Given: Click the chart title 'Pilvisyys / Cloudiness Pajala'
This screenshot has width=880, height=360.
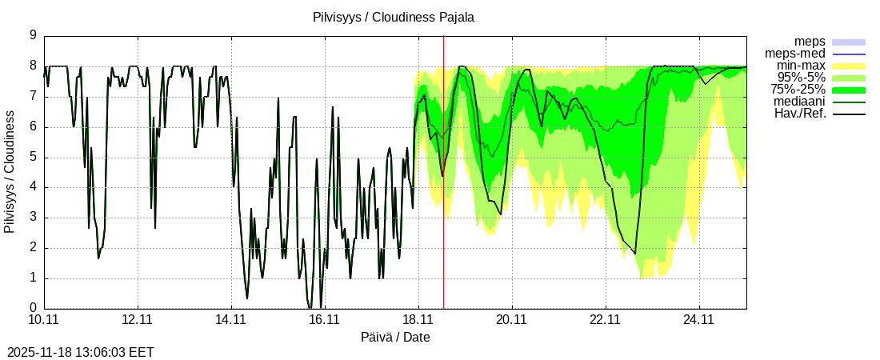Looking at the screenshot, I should [394, 17].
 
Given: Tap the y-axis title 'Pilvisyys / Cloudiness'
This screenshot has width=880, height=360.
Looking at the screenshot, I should [10, 172].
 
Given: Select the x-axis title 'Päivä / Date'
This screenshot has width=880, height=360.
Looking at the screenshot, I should [395, 337].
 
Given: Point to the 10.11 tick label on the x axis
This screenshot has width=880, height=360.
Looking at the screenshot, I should [44, 320].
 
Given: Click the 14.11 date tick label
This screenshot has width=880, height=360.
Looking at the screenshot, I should [231, 320].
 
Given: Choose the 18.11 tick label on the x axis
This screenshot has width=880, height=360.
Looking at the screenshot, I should [418, 320].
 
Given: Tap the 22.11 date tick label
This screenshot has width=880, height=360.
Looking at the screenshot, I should [606, 320].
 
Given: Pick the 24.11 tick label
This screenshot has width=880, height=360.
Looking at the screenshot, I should [699, 320].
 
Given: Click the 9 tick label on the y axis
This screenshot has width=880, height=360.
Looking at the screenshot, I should [33, 35].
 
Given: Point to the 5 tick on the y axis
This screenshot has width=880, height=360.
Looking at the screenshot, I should [33, 157].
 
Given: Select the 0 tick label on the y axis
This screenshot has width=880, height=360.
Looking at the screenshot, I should [33, 308].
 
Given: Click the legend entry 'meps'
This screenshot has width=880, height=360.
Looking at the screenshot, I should [810, 41].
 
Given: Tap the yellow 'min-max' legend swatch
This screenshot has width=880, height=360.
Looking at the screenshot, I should [849, 66].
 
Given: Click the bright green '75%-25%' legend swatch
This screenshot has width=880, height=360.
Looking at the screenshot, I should [849, 90].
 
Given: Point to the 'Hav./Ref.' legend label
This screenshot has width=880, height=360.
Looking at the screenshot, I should [799, 114].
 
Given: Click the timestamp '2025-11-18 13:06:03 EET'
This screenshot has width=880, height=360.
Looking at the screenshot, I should [81, 352].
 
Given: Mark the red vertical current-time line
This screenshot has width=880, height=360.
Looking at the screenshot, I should [443, 200].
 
